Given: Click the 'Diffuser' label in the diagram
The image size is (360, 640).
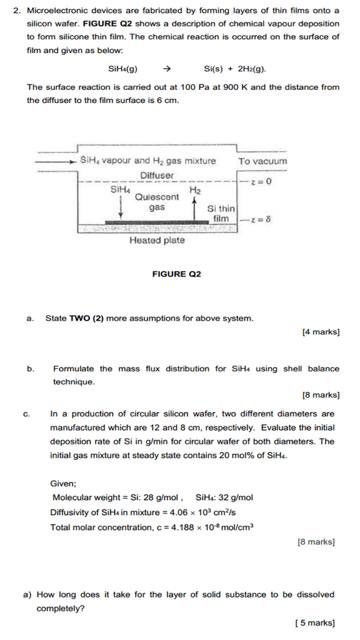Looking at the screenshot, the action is click(x=157, y=176).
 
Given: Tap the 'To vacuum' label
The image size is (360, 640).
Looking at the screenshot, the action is click(x=262, y=161).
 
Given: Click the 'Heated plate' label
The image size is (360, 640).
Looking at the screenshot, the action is click(x=157, y=241).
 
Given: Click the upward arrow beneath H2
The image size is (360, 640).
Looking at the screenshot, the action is click(x=195, y=206).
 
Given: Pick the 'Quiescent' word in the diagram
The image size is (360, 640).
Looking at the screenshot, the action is click(x=156, y=196).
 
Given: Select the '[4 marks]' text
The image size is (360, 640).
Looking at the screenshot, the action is click(x=320, y=332).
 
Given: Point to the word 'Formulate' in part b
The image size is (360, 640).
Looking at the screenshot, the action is click(x=74, y=368).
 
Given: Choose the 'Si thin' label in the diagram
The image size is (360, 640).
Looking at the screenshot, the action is click(x=221, y=208).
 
